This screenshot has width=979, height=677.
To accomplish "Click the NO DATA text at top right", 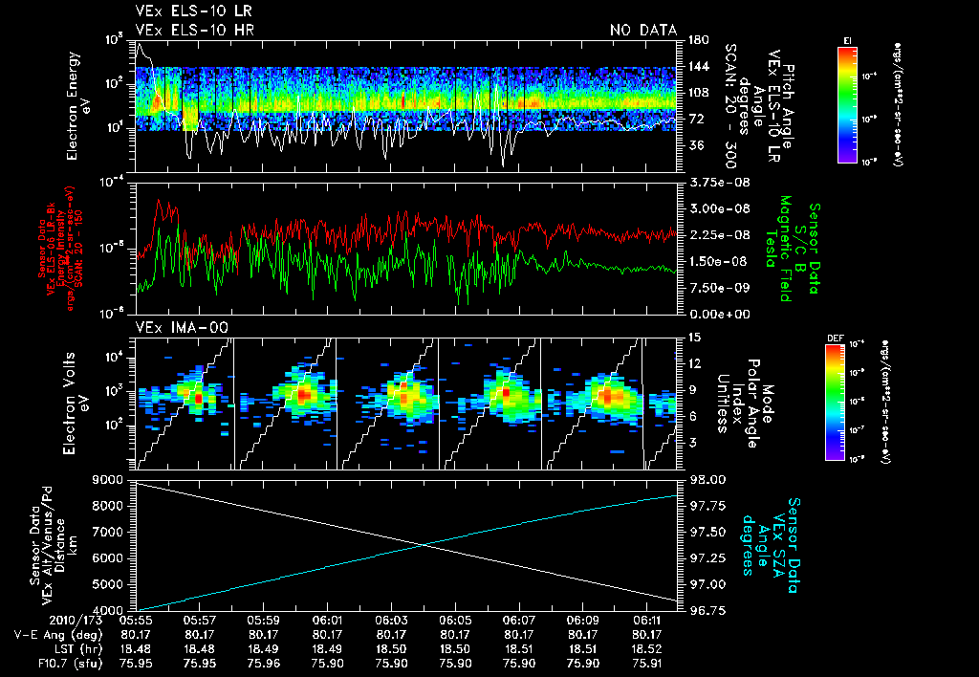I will click(x=643, y=30).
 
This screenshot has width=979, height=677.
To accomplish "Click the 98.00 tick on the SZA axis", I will click(x=699, y=478).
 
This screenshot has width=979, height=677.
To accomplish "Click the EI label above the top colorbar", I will click(x=847, y=39).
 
